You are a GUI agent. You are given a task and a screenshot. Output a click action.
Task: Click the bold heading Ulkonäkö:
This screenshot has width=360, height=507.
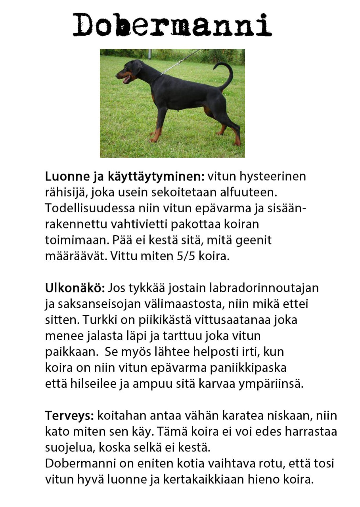[75, 288]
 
